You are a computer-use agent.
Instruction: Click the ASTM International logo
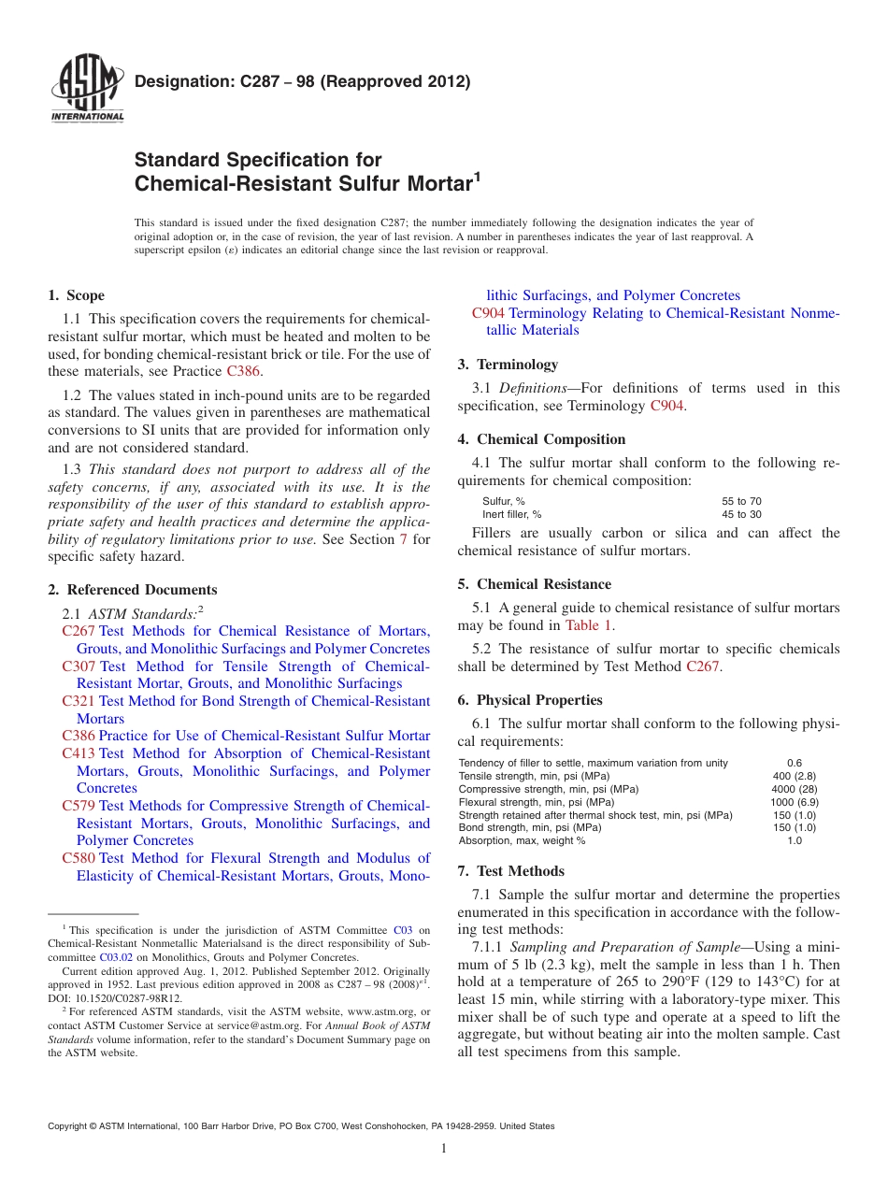(x=86, y=89)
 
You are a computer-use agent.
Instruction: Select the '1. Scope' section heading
(x=76, y=295)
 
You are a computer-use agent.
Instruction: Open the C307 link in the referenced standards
(x=79, y=666)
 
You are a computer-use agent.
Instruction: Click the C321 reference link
(x=79, y=701)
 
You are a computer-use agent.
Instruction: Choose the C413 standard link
(x=79, y=753)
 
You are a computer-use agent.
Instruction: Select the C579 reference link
(x=79, y=806)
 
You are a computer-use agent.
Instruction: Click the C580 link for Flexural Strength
(x=79, y=858)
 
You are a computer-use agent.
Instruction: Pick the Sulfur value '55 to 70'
(x=741, y=501)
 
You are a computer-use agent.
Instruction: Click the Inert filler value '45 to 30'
(x=741, y=514)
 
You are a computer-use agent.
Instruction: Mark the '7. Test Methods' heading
(x=510, y=871)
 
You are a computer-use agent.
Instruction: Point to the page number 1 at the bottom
(x=444, y=1149)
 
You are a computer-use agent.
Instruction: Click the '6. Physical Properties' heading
(x=529, y=700)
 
